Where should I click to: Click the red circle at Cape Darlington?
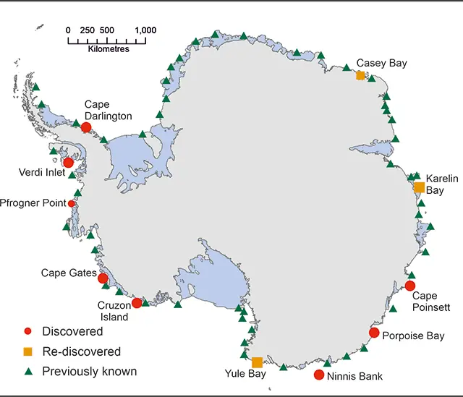(86, 127)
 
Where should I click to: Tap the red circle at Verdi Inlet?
(68, 163)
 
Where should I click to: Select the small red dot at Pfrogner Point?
(71, 204)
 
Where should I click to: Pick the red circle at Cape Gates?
(103, 278)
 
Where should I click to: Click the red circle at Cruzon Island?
(137, 302)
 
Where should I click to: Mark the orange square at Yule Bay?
(257, 362)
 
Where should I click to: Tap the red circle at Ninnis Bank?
(319, 375)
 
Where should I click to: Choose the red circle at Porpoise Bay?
(374, 333)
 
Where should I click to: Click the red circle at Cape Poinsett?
(410, 286)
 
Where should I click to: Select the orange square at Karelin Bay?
(419, 187)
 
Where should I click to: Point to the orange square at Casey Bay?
(360, 75)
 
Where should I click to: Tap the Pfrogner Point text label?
(33, 203)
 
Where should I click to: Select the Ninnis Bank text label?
(354, 376)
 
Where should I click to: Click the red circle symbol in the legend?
(27, 332)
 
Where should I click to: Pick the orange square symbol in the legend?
(27, 351)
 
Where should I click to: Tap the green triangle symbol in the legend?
(27, 371)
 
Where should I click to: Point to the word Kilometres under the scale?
(108, 49)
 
